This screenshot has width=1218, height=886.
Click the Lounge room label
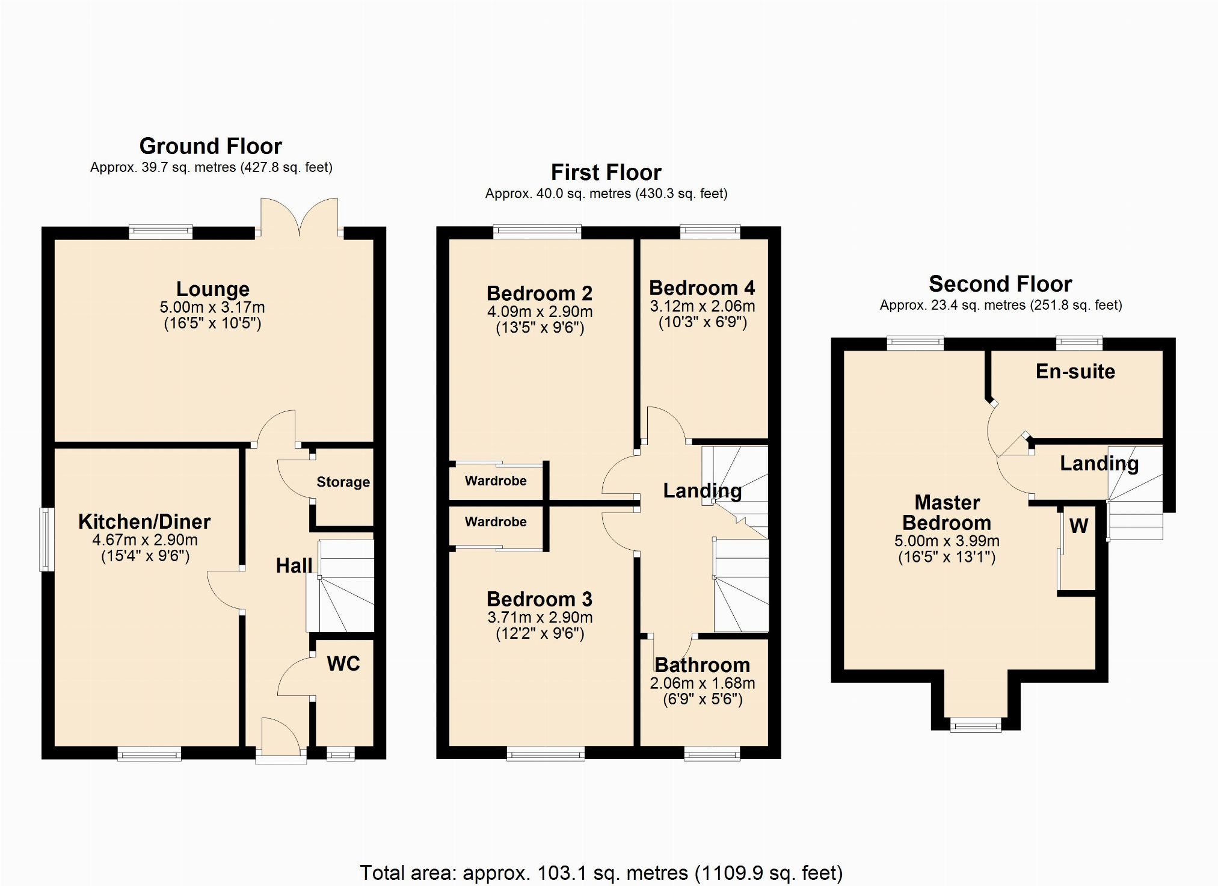click(x=212, y=289)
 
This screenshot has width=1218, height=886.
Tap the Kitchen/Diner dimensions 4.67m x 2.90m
click(x=145, y=540)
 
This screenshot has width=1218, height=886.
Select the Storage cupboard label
click(x=343, y=482)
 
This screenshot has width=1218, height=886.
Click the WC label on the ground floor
click(x=343, y=663)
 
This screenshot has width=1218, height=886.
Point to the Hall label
click(x=294, y=565)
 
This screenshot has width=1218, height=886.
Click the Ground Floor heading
click(x=211, y=146)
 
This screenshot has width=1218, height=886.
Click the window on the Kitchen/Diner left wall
click(x=46, y=540)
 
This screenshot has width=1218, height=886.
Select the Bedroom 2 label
click(x=540, y=294)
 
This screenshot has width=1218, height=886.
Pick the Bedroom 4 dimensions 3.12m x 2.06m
click(x=703, y=306)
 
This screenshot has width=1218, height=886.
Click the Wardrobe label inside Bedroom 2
click(x=496, y=481)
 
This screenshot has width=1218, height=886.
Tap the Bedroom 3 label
click(x=540, y=599)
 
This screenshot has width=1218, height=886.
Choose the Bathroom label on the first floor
click(x=703, y=665)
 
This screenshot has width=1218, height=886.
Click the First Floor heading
click(x=606, y=173)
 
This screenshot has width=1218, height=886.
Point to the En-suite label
click(x=1075, y=372)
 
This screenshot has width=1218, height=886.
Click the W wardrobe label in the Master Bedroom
click(x=1078, y=526)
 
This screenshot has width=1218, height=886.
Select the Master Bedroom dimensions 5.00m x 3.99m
click(x=947, y=541)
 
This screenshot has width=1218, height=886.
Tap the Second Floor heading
click(x=1000, y=284)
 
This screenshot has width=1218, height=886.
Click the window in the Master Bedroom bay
click(x=976, y=725)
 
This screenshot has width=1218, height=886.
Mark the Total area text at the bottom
click(x=601, y=873)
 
